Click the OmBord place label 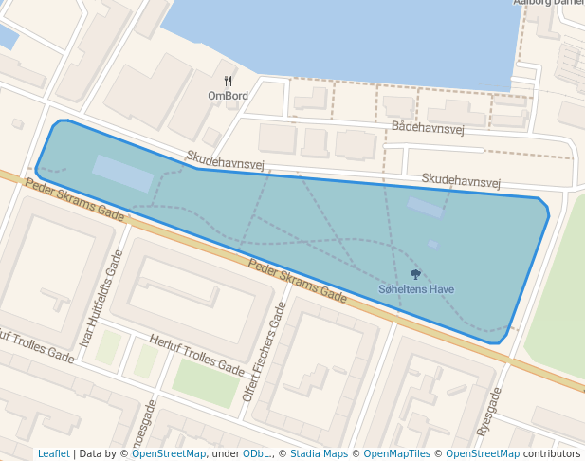[228, 96]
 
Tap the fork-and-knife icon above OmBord [228, 82]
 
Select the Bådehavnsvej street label [427, 128]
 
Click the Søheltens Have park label [416, 289]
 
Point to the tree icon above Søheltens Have [415, 274]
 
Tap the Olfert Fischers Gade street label [265, 351]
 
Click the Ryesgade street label [488, 412]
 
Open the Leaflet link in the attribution [54, 453]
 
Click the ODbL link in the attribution [256, 453]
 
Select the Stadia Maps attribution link [319, 453]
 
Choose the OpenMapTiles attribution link [396, 453]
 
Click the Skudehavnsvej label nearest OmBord [225, 160]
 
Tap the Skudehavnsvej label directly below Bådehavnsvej [461, 179]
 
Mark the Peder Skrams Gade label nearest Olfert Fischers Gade [297, 280]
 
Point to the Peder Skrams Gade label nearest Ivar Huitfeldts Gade [75, 200]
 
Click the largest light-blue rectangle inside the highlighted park [122, 174]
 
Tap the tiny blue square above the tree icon [433, 245]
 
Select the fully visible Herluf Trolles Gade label [197, 354]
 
